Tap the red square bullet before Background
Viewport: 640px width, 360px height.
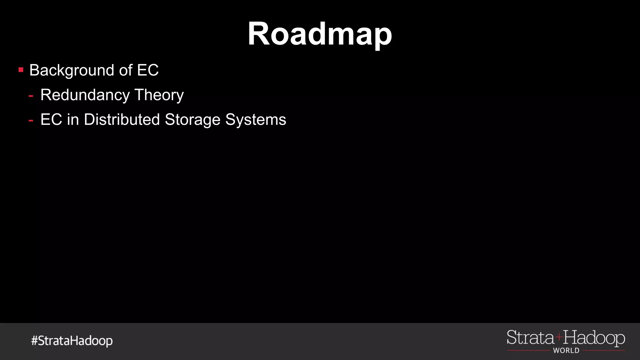[x=21, y=70]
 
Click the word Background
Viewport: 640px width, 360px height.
[x=72, y=70]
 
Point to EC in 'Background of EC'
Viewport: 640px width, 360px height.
[x=148, y=70]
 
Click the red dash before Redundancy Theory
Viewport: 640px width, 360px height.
[x=31, y=95]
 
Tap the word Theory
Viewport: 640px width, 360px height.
[x=159, y=95]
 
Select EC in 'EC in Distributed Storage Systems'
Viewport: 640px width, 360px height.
[x=51, y=119]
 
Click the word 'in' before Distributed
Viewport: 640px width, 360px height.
[x=73, y=119]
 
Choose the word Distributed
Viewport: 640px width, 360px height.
[x=122, y=119]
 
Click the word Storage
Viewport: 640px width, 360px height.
[x=192, y=120]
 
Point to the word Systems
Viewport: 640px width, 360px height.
[x=256, y=120]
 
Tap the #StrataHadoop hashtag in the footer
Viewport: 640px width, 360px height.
[x=72, y=341]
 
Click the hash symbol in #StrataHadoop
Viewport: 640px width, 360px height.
[x=34, y=340]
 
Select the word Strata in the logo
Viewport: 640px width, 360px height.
[x=530, y=338]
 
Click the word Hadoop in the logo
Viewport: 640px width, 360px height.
[x=594, y=338]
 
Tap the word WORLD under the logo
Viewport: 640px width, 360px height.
[x=566, y=351]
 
